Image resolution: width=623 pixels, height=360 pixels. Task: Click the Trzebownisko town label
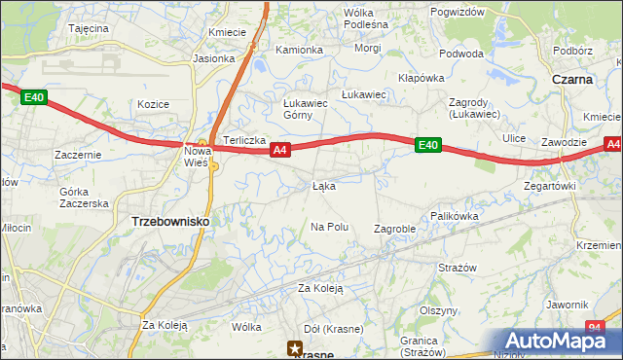(x=169, y=222)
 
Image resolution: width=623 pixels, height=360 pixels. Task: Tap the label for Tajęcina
(x=88, y=29)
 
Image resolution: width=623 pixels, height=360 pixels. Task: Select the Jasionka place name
(x=214, y=58)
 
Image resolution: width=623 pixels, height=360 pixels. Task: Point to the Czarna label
(x=572, y=80)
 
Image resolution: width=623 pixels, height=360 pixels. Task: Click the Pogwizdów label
(x=457, y=12)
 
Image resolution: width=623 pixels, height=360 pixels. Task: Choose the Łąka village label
(x=324, y=185)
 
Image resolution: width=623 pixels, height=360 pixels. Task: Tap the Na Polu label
(x=329, y=227)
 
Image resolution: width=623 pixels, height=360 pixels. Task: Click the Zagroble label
(x=395, y=229)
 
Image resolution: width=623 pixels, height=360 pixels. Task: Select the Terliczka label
(x=245, y=140)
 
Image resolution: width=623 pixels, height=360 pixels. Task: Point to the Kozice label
(x=154, y=104)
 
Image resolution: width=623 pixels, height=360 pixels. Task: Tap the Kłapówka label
(x=421, y=78)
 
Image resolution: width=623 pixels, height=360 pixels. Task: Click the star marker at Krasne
(x=294, y=346)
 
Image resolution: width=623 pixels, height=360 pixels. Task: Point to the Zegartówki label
(x=550, y=185)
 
